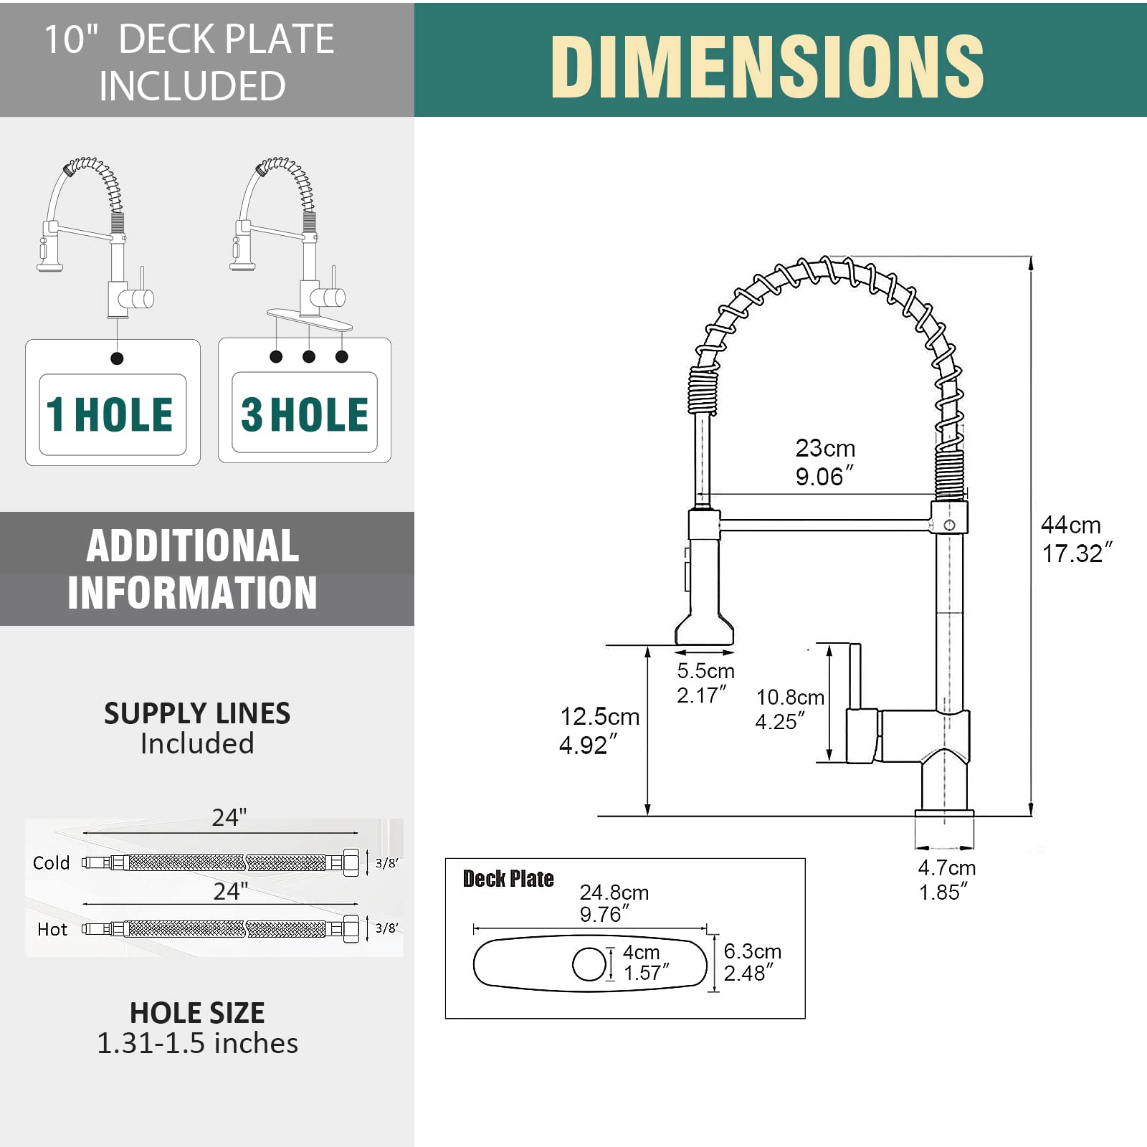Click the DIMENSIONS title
(767, 66)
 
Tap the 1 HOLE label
(109, 414)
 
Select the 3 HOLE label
(305, 414)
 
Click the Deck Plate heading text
(508, 879)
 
